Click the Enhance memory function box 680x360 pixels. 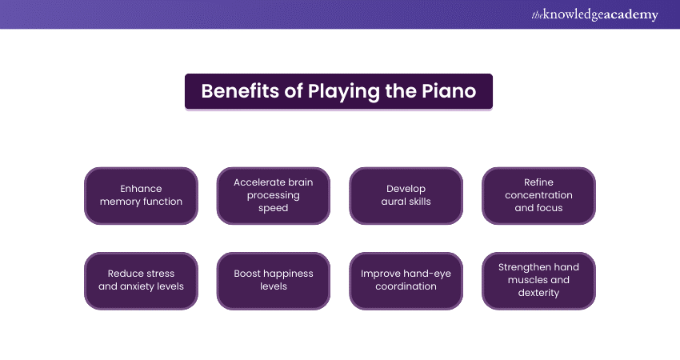click(x=141, y=195)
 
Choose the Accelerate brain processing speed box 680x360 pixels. click(x=274, y=195)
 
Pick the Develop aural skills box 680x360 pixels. click(x=406, y=195)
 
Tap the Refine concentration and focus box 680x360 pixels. click(x=539, y=195)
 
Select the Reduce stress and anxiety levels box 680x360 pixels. click(x=141, y=280)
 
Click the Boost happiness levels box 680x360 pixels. click(x=274, y=280)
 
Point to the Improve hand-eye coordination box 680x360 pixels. click(x=406, y=280)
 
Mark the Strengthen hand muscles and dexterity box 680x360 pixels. click(x=539, y=280)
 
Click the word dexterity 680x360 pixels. click(x=538, y=293)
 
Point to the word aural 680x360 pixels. click(x=394, y=202)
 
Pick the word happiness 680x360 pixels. click(x=289, y=274)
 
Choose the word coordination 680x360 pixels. click(x=406, y=286)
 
